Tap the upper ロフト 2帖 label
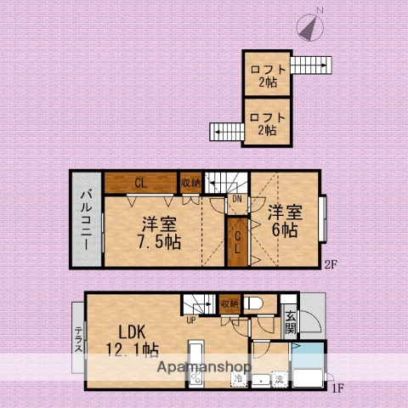(x=267, y=76)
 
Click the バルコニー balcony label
(x=86, y=219)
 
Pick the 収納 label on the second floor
(x=190, y=182)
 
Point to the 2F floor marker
(x=331, y=263)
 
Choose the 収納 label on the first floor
(x=228, y=303)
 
